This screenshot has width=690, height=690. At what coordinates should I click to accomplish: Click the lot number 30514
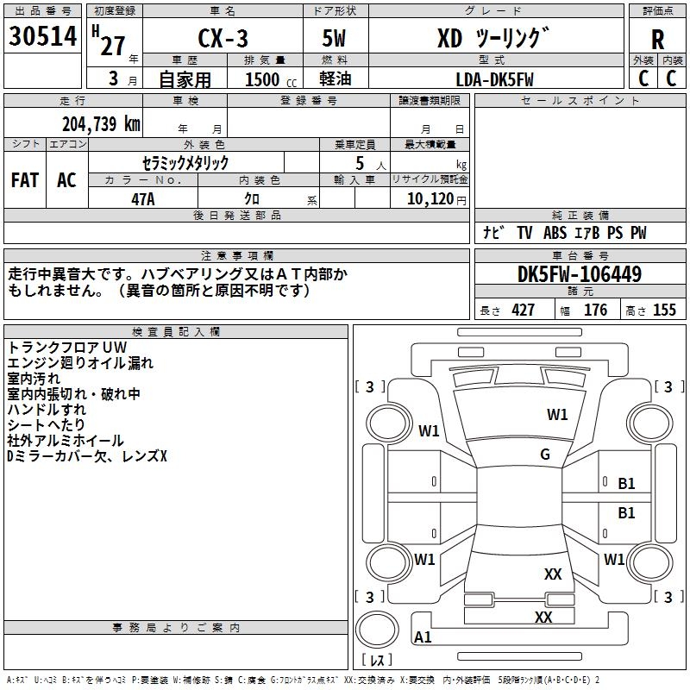pos(42,36)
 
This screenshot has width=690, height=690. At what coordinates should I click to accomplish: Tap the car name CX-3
pos(223,38)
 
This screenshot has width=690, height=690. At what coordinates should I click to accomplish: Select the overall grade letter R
pos(657,40)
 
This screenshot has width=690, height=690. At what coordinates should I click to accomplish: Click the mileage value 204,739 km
pos(101,124)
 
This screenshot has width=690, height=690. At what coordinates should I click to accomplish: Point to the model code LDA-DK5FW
pos(494,79)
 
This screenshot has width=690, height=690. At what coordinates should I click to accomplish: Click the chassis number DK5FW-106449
pos(580,274)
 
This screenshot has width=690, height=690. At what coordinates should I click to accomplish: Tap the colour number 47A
pos(143,199)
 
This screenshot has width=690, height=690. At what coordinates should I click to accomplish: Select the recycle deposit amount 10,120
pos(430,199)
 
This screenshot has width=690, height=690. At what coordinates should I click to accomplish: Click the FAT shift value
pos(25,180)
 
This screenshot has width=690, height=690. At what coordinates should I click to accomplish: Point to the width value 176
pos(595,310)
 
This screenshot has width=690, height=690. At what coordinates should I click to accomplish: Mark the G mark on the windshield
pos(545,455)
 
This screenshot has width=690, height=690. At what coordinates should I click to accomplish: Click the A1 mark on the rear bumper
pos(423,637)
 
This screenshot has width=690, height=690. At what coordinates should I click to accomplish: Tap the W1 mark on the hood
pos(557,415)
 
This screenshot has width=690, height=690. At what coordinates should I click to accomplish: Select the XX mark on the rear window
pos(553,574)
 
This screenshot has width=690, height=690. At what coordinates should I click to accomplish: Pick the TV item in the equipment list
pos(524,232)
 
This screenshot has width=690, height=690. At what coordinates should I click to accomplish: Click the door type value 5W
pos(334,38)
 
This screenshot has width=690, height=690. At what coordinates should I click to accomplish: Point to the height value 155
pos(664,310)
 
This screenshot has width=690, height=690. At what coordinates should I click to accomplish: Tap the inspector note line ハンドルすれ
pos(47,409)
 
